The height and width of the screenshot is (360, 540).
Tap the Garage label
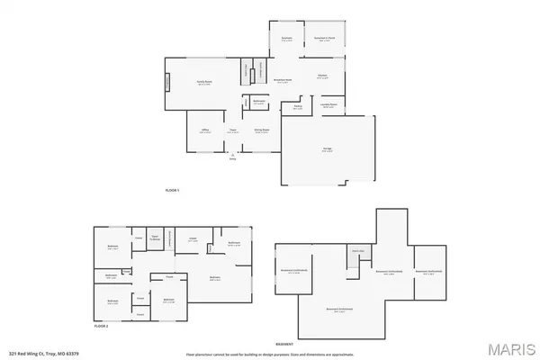325,150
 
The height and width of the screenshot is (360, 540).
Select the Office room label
205,131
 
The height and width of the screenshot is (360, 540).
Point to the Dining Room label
262,131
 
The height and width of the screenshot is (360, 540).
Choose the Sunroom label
287,40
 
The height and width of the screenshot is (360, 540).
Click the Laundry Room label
328,106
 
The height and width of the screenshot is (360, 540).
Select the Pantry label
297,106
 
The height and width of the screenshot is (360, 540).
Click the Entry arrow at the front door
232,156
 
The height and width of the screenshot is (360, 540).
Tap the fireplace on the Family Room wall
166,83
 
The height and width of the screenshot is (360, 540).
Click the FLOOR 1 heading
173,190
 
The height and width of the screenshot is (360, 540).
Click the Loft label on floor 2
193,239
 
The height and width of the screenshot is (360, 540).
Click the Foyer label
232,131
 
